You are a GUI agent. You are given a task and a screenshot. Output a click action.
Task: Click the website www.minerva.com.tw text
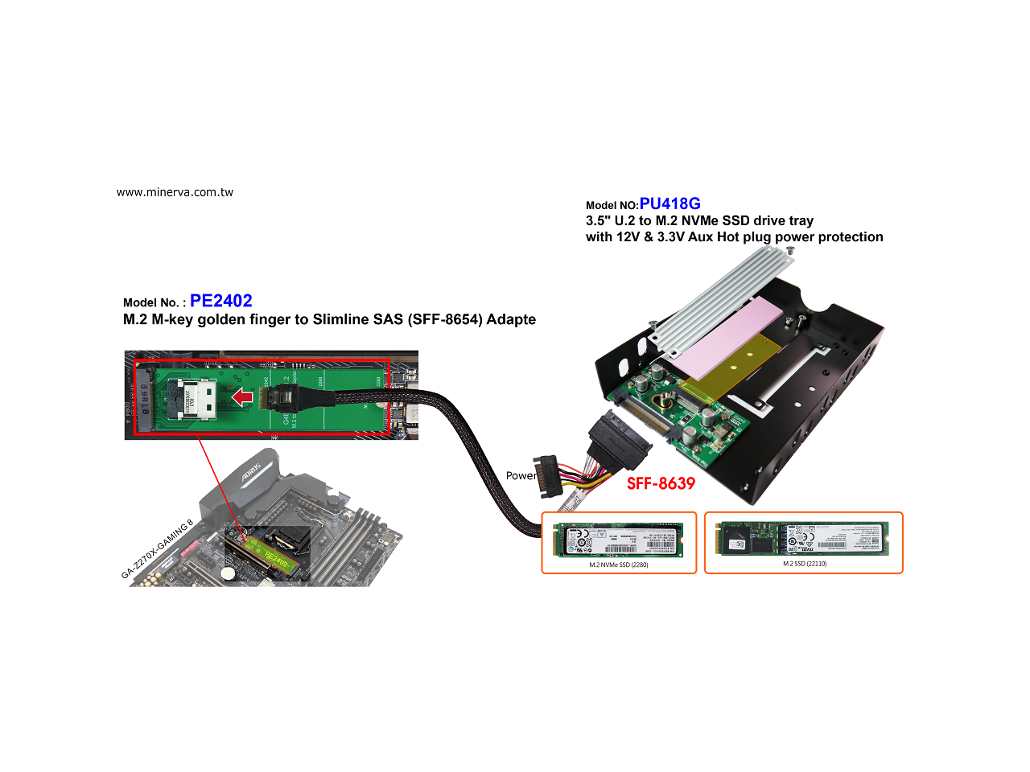(x=175, y=192)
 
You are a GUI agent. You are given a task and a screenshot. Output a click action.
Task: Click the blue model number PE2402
(x=221, y=301)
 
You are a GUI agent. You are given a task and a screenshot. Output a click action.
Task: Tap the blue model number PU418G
(x=669, y=203)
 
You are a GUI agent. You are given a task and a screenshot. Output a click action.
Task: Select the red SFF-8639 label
(x=661, y=483)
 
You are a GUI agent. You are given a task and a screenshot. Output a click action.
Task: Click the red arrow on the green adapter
(x=242, y=396)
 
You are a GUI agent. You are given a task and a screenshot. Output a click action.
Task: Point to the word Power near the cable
(x=521, y=475)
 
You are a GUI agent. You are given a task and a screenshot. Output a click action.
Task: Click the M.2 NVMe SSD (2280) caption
(x=618, y=565)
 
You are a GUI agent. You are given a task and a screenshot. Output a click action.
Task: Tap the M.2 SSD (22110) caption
(x=804, y=564)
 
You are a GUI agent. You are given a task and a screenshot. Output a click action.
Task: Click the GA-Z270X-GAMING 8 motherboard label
(x=157, y=549)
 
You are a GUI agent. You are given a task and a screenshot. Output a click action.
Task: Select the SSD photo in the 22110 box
(x=804, y=538)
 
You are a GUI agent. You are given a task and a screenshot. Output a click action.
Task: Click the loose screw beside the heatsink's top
(x=789, y=252)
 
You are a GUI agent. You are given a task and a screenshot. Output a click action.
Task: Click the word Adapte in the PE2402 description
(x=511, y=319)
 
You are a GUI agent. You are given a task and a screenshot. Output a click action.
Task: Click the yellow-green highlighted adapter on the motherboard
(x=274, y=556)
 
